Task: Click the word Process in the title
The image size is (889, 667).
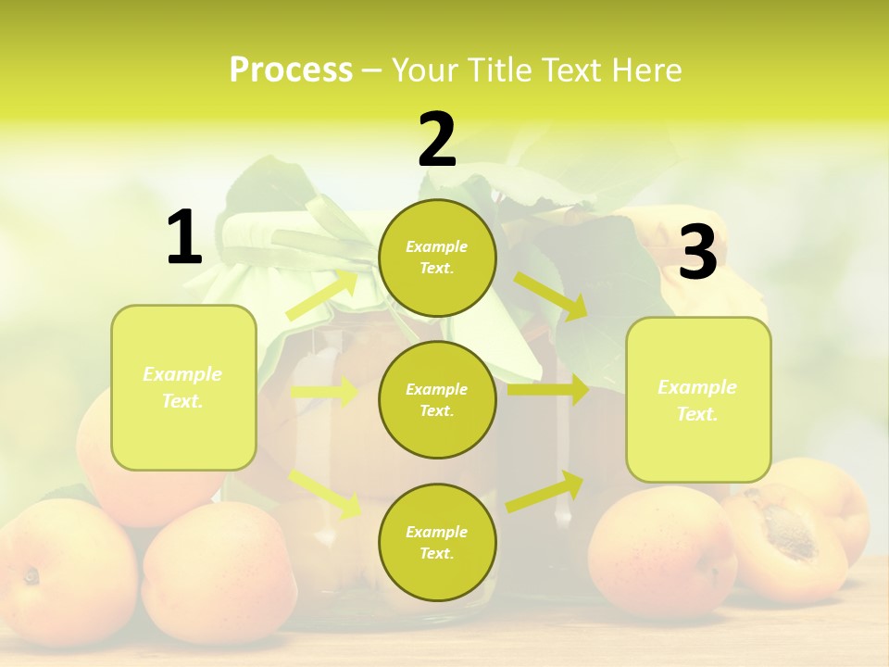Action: (x=291, y=70)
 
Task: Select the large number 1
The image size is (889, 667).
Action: (x=184, y=238)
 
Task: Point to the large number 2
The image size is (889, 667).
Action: (x=437, y=140)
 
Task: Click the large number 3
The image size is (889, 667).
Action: (x=697, y=254)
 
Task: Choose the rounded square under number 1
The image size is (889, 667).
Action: (x=183, y=387)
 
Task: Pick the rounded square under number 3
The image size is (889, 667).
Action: (x=698, y=399)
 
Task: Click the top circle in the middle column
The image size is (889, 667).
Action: (x=437, y=258)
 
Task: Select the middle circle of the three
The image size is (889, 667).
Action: (x=437, y=399)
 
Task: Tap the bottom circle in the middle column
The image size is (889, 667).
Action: (x=437, y=542)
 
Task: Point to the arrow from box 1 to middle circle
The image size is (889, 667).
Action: (x=324, y=392)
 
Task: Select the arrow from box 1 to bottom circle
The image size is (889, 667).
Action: (x=324, y=493)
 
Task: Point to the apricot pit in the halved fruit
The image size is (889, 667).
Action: (x=789, y=526)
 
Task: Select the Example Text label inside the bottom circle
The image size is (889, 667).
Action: (x=437, y=542)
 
